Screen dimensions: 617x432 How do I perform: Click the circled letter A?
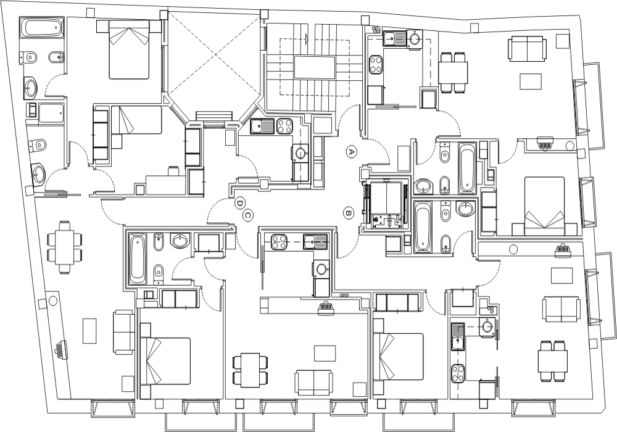[x=352, y=151]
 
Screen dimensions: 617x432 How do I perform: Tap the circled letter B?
[x=348, y=214]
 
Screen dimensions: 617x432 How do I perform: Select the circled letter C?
[x=248, y=215]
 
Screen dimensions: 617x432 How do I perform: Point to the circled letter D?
[x=239, y=204]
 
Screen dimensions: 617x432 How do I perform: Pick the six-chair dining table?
[x=65, y=247]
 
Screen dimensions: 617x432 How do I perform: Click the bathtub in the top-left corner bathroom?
[x=41, y=28]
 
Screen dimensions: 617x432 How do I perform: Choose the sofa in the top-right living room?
[x=528, y=49]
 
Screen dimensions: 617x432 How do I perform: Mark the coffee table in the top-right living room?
[x=531, y=81]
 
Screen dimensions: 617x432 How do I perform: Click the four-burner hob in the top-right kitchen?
[x=376, y=64]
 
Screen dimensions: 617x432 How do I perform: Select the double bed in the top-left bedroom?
[x=129, y=49]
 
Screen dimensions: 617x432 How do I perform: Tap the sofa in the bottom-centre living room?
[x=313, y=383]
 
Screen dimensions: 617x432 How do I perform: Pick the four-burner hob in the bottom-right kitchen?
[x=458, y=373]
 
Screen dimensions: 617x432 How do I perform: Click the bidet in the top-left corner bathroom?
[x=54, y=58]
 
